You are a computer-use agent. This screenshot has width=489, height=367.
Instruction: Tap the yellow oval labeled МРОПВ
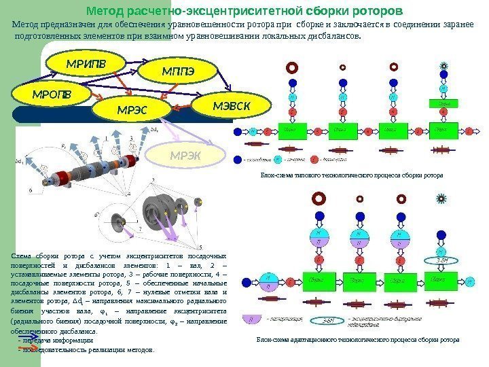pos(51,92)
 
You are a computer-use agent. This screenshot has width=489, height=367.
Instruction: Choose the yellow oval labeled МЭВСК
pos(232,106)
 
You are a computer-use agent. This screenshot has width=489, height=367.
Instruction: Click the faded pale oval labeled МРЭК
pos(185,154)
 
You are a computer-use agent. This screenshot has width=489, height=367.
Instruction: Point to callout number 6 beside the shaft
pos(31,191)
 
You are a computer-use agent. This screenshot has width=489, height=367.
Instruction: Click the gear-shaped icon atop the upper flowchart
pos(443,67)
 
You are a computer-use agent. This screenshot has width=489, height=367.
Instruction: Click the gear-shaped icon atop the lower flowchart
pos(442,199)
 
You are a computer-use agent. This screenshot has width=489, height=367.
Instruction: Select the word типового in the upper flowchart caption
pos(310,175)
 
